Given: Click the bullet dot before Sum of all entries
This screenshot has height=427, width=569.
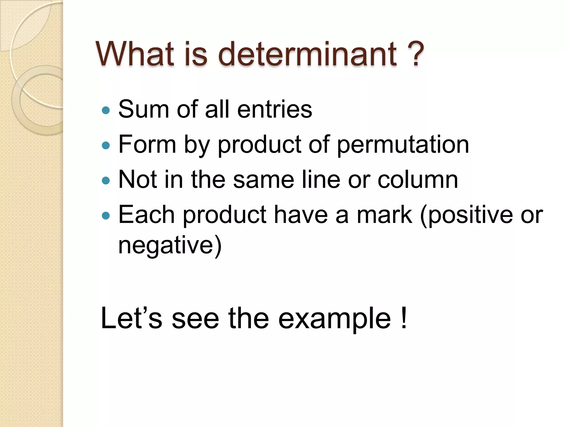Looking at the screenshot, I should pos(106,110).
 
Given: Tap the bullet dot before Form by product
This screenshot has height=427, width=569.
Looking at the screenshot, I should pos(106,145).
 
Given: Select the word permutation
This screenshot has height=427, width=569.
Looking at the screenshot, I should pos(403,145).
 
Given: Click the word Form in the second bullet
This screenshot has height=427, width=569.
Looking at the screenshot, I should pos(147,144).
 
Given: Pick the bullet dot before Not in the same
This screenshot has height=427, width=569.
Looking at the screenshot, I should pos(106,181).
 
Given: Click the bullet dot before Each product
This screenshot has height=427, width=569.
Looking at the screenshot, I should pos(106,216).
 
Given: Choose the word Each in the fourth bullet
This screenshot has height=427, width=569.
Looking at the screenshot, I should pos(146,215).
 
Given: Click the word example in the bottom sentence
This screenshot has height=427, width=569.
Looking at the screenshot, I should pos(335,319).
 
